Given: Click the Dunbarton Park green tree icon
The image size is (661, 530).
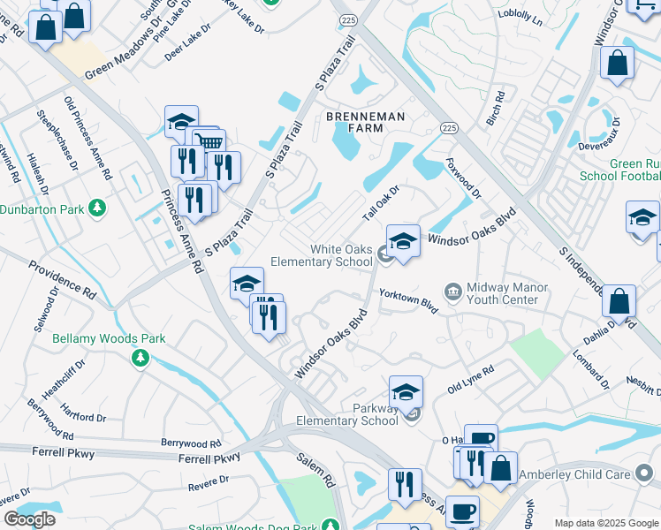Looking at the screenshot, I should pos(97,209).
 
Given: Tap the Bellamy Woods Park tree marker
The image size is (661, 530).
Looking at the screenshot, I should pos(139,357).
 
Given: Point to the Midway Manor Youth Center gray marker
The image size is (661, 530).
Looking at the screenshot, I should pos(453,291).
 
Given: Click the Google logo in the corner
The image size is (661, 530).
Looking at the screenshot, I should pos(29,519).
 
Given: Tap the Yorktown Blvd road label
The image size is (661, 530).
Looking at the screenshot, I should pos(408,299).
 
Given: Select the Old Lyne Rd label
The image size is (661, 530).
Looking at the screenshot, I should pos(471,380).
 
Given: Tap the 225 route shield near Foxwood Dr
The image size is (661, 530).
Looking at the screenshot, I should pos(450,127).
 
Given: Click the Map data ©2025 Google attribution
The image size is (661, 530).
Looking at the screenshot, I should pos(606,523).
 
